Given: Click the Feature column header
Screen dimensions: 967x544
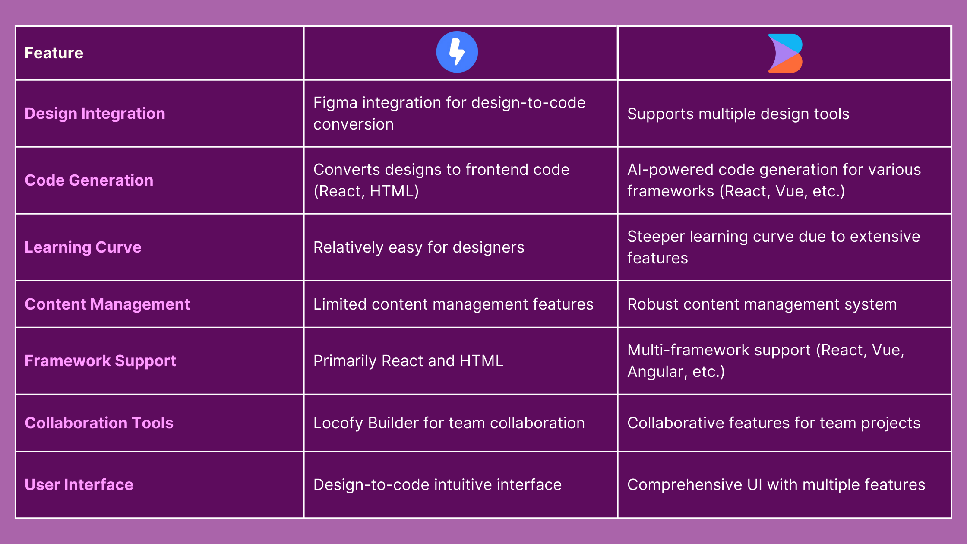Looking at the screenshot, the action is coord(54,53).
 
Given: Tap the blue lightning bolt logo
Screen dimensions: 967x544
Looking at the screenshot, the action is coord(457,52).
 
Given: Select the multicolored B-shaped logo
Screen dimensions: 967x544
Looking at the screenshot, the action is coord(785,53).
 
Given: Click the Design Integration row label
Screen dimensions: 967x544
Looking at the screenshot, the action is coord(95,114).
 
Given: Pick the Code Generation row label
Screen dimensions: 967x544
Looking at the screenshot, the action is coord(89,180).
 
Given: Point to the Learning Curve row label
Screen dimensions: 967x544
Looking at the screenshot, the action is coord(83,247).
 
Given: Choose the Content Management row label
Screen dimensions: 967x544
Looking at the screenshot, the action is coord(107,304).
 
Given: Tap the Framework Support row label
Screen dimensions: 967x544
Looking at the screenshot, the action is coord(100,361).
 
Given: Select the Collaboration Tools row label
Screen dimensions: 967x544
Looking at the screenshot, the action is coord(99,423).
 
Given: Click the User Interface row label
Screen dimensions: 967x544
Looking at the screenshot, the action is coord(79,485).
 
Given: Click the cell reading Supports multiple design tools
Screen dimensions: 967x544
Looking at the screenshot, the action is coord(738,114).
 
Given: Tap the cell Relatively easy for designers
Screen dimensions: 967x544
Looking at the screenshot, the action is coord(419,247).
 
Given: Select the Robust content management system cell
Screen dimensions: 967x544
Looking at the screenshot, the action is coord(762,304).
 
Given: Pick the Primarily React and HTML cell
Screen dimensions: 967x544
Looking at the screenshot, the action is coord(408,361).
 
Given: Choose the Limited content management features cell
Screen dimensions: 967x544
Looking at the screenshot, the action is coord(453,304).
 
